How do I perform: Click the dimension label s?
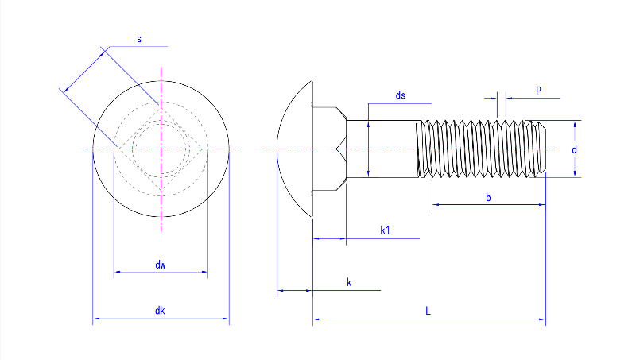[x=139, y=39]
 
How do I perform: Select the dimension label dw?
[x=161, y=265]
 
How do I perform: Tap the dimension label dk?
[x=160, y=311]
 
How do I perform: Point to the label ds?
[x=401, y=95]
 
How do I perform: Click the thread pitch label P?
[x=538, y=91]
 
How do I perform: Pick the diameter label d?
[x=574, y=149]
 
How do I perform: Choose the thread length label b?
[x=488, y=197]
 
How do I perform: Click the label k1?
[x=386, y=230]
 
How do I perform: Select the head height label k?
[x=349, y=282]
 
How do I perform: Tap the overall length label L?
[x=428, y=311]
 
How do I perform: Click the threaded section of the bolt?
[x=481, y=149]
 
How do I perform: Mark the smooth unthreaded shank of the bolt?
[x=382, y=149]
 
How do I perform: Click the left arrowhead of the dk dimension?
[x=96, y=319]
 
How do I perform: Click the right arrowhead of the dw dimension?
[x=205, y=273]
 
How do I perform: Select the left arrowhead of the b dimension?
[x=435, y=206]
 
